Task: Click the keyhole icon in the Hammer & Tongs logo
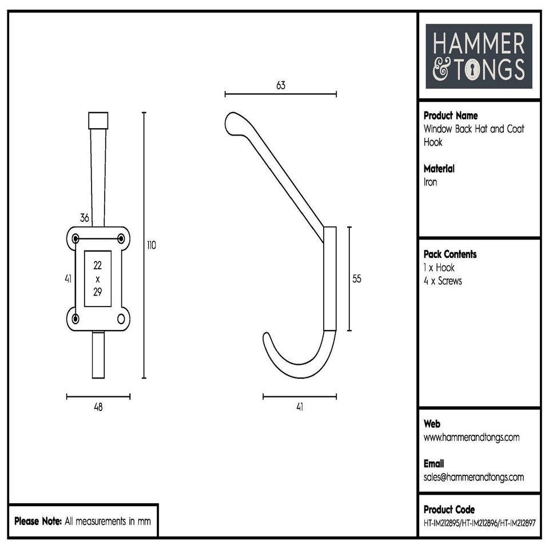[474, 70]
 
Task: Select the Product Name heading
[451, 116]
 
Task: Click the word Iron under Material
[430, 182]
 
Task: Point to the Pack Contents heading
[449, 254]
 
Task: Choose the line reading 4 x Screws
[443, 281]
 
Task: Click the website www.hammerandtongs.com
[471, 437]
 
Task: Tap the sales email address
[474, 477]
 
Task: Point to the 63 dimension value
[280, 85]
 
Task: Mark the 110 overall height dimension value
[151, 245]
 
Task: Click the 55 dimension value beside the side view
[357, 279]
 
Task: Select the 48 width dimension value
[98, 407]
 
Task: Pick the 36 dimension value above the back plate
[85, 217]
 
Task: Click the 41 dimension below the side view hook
[299, 407]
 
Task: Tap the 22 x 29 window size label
[97, 279]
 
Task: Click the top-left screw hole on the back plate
[75, 238]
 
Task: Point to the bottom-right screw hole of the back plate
[121, 319]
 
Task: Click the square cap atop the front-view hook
[98, 121]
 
